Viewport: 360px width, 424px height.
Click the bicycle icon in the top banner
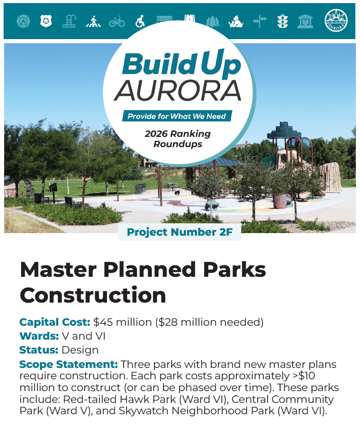coord(117,21)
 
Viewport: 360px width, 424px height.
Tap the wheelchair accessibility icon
coord(140,21)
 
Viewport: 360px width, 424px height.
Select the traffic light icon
coord(282,21)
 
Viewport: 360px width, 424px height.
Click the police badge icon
coord(46,21)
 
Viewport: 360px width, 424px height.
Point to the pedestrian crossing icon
coord(93,21)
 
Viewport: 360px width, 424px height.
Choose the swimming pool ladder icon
coord(69,21)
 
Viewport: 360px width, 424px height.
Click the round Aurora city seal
coord(336,21)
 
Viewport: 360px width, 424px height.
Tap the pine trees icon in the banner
coord(212,21)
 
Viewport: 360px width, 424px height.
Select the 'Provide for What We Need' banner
coord(176,116)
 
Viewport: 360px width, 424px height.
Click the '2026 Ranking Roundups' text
coord(177,138)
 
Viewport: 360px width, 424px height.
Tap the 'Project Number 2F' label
coord(179,232)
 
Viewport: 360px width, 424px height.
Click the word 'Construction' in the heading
coord(93,295)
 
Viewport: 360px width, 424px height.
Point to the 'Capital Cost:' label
coord(55,322)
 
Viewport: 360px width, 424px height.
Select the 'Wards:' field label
coord(39,336)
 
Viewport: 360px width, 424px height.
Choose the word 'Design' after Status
coord(80,350)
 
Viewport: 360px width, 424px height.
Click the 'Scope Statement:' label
coord(69,364)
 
